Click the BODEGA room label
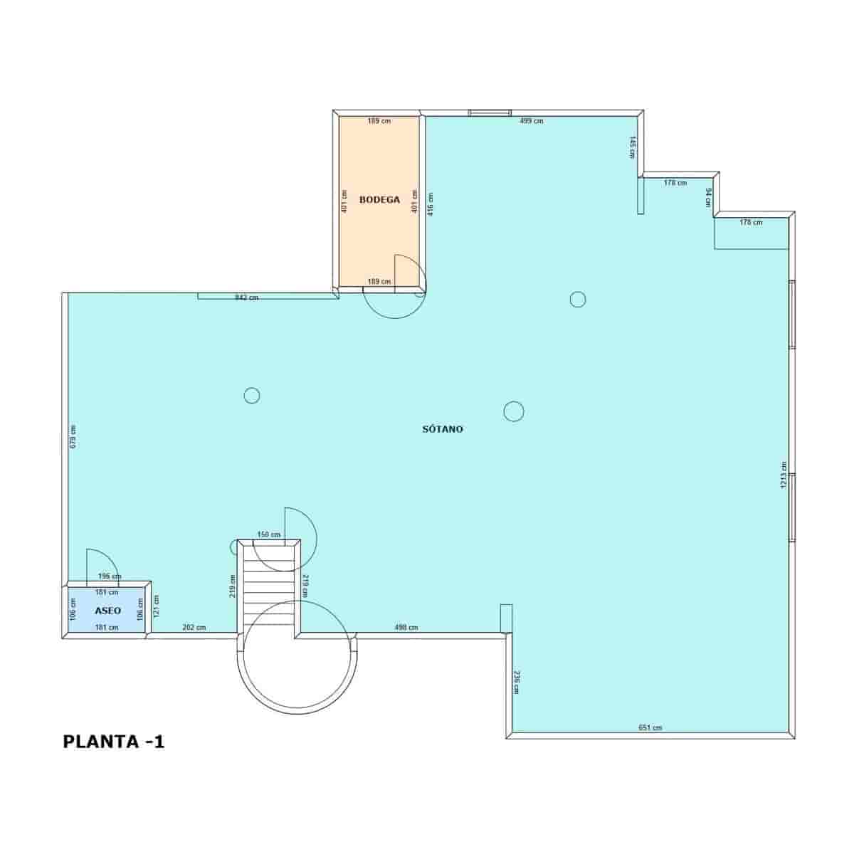click(379, 200)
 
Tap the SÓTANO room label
click(443, 429)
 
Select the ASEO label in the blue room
click(107, 611)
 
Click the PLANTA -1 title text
click(114, 742)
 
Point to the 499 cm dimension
click(531, 121)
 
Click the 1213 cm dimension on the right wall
click(784, 475)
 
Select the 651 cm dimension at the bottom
click(650, 727)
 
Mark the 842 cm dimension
click(246, 297)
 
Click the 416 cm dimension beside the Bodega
click(430, 204)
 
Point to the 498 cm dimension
click(406, 627)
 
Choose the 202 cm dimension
click(194, 627)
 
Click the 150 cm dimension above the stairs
click(268, 534)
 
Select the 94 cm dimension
click(708, 196)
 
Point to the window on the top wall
click(489, 112)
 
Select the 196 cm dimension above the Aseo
click(109, 576)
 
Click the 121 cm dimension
click(157, 606)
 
